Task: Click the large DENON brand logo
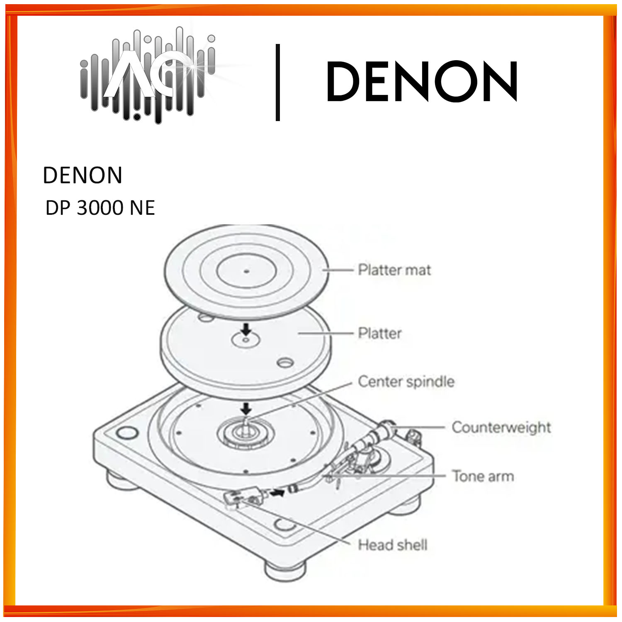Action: coord(422,82)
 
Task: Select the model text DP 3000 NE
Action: coord(100,208)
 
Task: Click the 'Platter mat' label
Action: coord(394,270)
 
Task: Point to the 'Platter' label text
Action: coord(380,333)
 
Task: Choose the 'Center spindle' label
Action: coord(406,381)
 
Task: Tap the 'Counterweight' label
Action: coord(501,427)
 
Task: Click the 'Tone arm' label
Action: coord(483,476)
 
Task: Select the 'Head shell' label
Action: coord(392,545)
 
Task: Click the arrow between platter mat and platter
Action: coord(246,330)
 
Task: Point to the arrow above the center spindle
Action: coord(246,408)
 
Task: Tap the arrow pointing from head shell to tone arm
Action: coord(277,493)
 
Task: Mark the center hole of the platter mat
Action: coord(246,272)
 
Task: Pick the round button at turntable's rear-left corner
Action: coord(127,433)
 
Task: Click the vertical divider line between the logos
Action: coord(278,82)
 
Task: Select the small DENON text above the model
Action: coord(83,175)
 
